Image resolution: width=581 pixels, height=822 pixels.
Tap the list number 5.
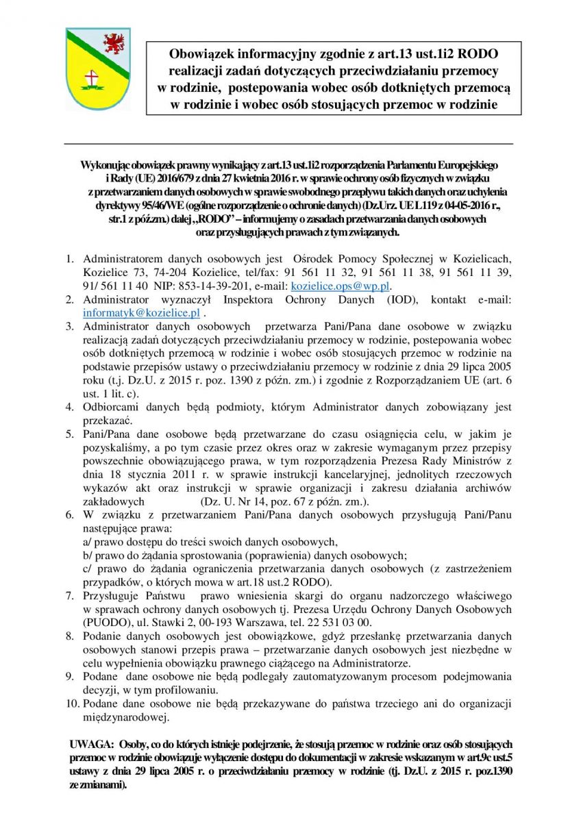tap(70, 434)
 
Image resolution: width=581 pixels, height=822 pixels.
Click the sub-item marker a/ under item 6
tap(87, 541)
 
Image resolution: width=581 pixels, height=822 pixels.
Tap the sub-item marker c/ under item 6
tap(87, 569)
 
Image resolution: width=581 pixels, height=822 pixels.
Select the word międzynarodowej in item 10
tap(125, 717)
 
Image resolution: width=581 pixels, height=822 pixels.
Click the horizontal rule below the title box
tap(288, 144)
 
